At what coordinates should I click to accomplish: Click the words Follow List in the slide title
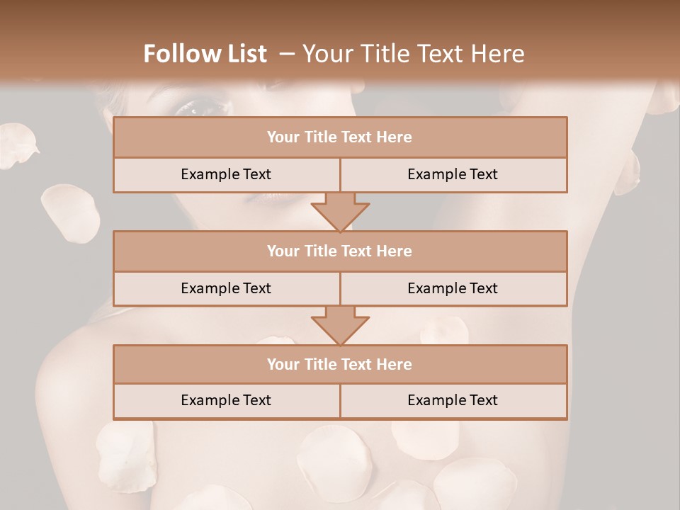(x=205, y=54)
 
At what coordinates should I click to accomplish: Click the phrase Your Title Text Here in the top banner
(x=414, y=54)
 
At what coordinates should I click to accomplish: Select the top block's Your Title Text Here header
(x=339, y=137)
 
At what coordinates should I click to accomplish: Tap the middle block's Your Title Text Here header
(x=339, y=251)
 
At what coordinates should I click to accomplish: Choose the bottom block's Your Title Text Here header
(x=339, y=364)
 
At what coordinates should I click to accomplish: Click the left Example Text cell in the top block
(x=226, y=174)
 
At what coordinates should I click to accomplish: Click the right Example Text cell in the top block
(x=453, y=174)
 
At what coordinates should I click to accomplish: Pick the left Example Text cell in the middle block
(x=226, y=288)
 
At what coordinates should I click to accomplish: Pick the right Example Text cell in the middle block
(x=453, y=288)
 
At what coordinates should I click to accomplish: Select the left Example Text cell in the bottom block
(x=226, y=400)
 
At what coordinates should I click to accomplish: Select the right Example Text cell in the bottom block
(x=453, y=400)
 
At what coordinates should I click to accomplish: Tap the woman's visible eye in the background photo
(x=202, y=108)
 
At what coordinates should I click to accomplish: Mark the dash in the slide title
(x=287, y=54)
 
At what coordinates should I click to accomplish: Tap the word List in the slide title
(x=247, y=54)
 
